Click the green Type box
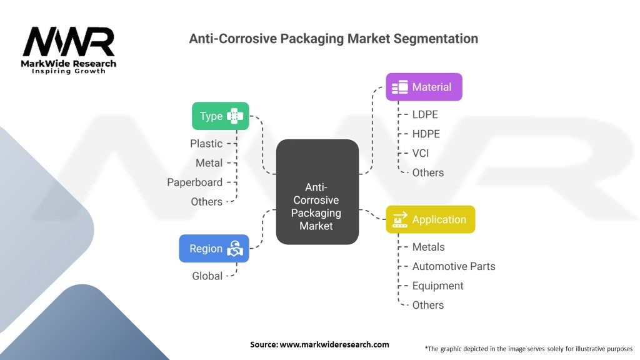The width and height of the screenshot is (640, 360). click(x=221, y=116)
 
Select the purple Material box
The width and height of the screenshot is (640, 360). click(x=424, y=87)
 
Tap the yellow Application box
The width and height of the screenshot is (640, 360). click(x=431, y=219)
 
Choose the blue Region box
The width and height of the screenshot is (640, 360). click(x=214, y=249)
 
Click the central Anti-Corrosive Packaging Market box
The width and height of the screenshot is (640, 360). click(x=317, y=192)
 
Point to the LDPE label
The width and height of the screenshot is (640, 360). click(x=425, y=114)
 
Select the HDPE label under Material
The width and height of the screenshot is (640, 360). click(x=426, y=134)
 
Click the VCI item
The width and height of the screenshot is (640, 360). click(x=421, y=154)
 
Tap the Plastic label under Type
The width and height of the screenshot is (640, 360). click(x=206, y=144)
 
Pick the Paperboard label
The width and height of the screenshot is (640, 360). click(x=195, y=182)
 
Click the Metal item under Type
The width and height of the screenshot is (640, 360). click(x=209, y=163)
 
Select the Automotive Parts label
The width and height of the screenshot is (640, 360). click(x=454, y=266)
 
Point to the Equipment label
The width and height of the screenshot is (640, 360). click(x=438, y=286)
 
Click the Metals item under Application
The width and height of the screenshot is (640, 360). click(x=429, y=247)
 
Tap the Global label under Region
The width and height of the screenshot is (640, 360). click(x=207, y=276)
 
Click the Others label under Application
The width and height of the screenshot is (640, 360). click(x=427, y=305)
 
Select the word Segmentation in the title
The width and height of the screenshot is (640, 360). click(x=436, y=39)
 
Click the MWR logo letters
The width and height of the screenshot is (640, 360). click(x=69, y=42)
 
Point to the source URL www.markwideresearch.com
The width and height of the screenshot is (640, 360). click(x=334, y=344)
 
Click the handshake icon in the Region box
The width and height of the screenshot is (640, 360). click(x=235, y=249)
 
